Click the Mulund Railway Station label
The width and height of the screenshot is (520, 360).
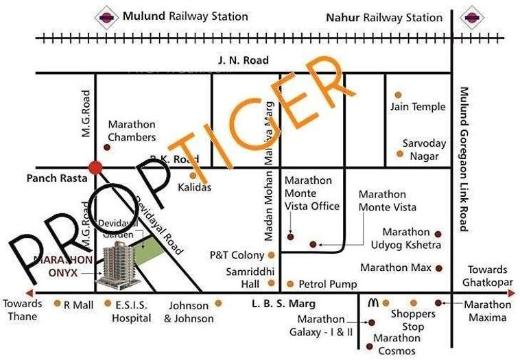click(185, 16)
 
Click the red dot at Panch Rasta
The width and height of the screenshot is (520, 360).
click(95, 167)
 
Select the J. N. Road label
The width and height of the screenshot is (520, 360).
click(243, 60)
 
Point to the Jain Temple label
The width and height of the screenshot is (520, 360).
click(418, 106)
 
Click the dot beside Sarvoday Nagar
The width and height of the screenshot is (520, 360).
click(400, 154)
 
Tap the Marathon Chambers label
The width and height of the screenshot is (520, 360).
click(132, 131)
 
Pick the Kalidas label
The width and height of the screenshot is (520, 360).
click(195, 187)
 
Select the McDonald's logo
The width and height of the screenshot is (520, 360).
click(373, 302)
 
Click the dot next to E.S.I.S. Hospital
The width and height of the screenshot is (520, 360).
click(108, 302)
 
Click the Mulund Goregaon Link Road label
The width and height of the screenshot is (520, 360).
click(464, 158)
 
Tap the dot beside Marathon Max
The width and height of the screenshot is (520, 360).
click(438, 267)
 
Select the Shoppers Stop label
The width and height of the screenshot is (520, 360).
click(413, 320)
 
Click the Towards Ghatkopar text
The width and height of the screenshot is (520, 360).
click(488, 276)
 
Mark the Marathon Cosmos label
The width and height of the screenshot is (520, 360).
click(397, 344)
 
